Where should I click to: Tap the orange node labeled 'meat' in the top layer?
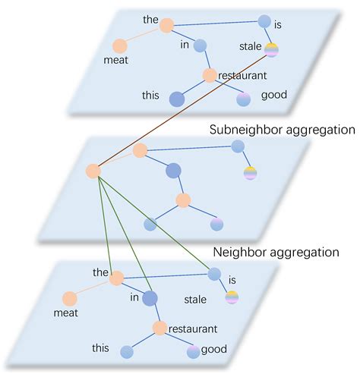(x=120, y=46)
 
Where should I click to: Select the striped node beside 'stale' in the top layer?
(x=271, y=50)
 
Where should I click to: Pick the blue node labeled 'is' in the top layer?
(x=264, y=21)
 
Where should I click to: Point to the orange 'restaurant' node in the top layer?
(x=210, y=75)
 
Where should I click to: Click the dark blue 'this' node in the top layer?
(x=176, y=99)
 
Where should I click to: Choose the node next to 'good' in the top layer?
(x=243, y=99)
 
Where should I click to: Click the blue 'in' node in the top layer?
(x=201, y=46)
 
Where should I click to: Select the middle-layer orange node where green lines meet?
(x=94, y=171)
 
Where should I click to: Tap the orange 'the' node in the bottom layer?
(x=116, y=279)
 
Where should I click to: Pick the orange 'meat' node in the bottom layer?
(x=70, y=298)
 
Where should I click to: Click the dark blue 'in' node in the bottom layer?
(x=148, y=299)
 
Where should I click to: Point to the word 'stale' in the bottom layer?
(x=195, y=300)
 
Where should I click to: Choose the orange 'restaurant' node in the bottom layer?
(x=159, y=328)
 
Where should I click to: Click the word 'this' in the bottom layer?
(x=100, y=347)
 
